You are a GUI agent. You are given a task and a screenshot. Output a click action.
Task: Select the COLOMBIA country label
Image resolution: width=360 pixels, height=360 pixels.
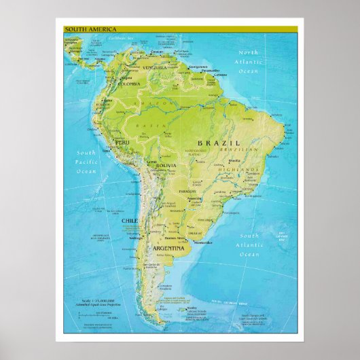tap(129, 84)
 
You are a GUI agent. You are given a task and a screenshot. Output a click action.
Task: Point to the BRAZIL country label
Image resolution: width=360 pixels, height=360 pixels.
tap(219, 143)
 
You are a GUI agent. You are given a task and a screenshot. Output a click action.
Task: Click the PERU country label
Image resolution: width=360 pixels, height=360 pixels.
tap(122, 143)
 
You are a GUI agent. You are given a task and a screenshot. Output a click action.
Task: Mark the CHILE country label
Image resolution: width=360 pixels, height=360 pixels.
tap(129, 221)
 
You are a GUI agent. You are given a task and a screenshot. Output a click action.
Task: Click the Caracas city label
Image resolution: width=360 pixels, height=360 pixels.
tap(157, 52)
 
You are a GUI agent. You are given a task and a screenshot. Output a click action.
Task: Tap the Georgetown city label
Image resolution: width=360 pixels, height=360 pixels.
tap(197, 67)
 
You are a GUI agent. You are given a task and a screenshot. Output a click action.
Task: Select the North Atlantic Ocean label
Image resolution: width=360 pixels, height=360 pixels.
tap(248, 61)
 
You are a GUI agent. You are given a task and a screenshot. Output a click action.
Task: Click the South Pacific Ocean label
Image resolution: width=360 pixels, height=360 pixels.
tap(86, 162)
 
